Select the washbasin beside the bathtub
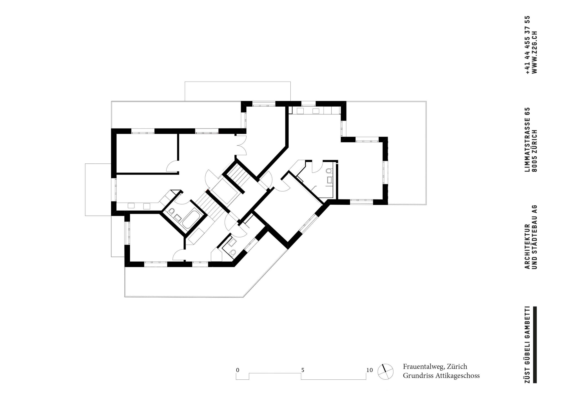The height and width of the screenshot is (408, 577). [178, 218]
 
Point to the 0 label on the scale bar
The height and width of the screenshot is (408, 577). [237, 370]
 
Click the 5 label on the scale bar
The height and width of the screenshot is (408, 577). [303, 370]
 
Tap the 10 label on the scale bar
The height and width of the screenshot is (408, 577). [369, 370]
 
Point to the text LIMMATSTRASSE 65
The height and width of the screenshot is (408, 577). [528, 140]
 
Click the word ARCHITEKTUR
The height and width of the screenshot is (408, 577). [528, 246]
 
